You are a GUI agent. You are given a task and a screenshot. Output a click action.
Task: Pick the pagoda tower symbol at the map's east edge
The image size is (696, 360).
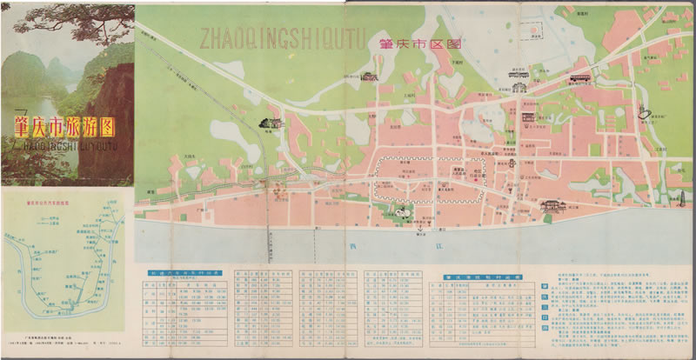[x=642, y=110]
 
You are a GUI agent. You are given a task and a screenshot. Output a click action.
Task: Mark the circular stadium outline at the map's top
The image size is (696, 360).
[x=532, y=38]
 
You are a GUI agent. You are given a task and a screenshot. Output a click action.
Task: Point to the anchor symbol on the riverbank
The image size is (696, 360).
[x=420, y=225]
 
